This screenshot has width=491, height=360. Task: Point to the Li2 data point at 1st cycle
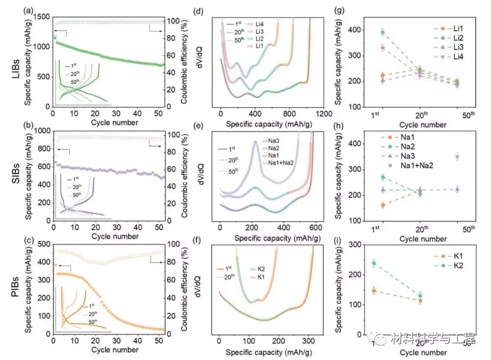[x=382, y=32]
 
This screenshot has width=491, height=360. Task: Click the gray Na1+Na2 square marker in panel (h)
[x=457, y=157]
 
